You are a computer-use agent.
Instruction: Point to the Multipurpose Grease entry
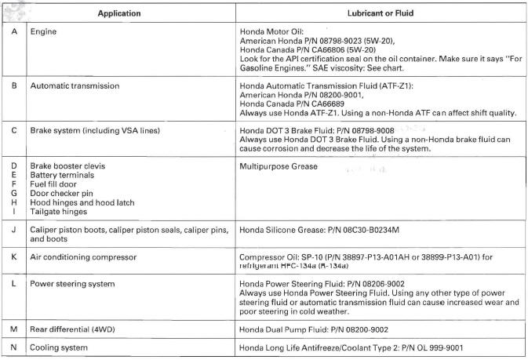tap(279, 167)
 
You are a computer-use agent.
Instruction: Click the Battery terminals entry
tap(63, 176)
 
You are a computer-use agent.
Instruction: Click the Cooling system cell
tap(56, 347)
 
